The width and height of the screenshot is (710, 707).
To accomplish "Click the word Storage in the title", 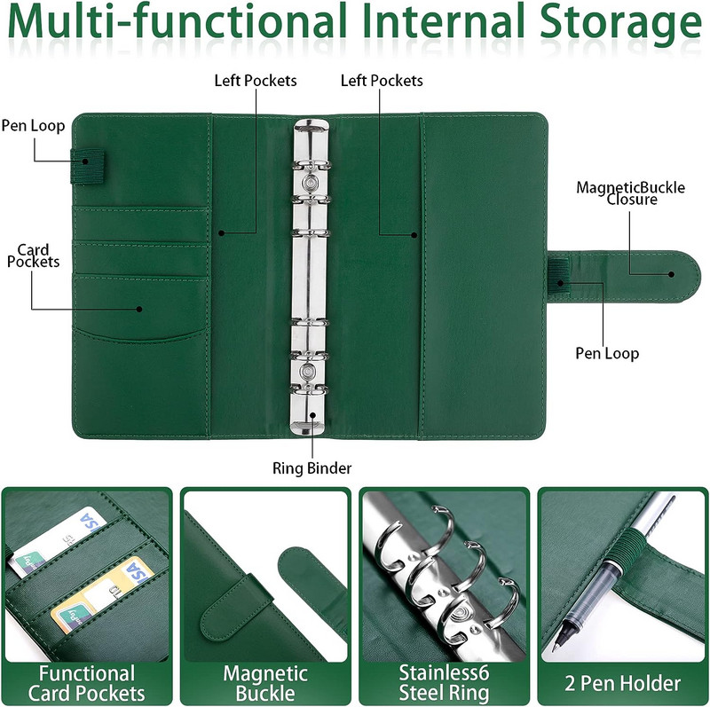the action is click(620, 24).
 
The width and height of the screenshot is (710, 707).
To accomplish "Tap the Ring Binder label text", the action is click(312, 468).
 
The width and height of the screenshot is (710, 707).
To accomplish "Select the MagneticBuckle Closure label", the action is click(631, 193).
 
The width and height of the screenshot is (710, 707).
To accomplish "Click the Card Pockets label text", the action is click(33, 255).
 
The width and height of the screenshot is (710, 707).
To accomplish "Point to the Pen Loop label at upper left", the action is click(33, 126).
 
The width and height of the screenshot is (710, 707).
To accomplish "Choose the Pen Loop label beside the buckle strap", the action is click(607, 353).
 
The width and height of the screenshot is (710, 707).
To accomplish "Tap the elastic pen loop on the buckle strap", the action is click(559, 276).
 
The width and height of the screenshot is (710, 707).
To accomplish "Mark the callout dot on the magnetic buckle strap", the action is click(672, 274).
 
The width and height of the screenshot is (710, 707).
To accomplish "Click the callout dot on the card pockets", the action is click(139, 309).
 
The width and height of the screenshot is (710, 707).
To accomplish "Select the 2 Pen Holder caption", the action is click(623, 683).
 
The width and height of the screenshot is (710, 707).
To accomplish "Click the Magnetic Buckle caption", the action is click(265, 683).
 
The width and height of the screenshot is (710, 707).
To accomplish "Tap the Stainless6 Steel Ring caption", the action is click(444, 683).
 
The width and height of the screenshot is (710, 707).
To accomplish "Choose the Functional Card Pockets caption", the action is click(86, 683).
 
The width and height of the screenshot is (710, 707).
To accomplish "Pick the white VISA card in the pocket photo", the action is click(57, 542).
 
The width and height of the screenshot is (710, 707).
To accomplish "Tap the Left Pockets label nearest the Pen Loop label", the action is click(256, 81).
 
